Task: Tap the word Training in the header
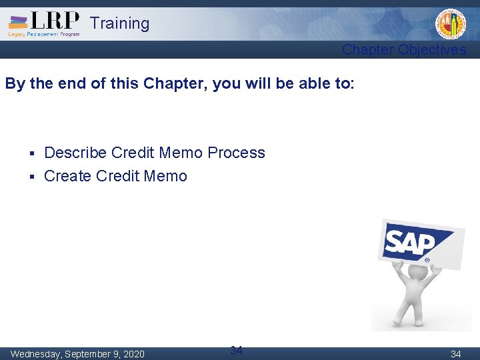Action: (119, 23)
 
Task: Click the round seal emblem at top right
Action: (451, 25)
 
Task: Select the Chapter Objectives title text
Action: (404, 50)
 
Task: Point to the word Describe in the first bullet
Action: (75, 153)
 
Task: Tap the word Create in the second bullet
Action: (67, 176)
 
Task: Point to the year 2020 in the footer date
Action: (133, 354)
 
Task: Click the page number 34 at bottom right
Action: (456, 354)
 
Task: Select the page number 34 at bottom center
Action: (236, 350)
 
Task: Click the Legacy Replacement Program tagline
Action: (44, 34)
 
